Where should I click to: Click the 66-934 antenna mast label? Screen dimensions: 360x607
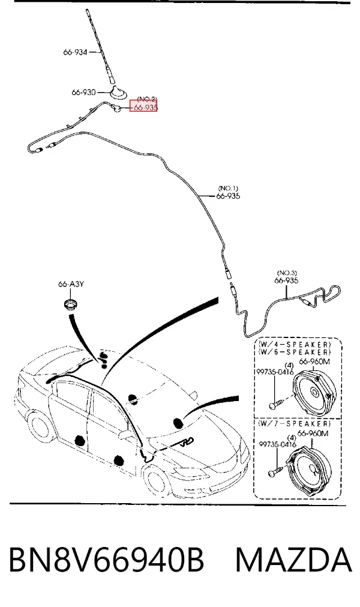[x=76, y=52]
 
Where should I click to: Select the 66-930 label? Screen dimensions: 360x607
[x=83, y=92]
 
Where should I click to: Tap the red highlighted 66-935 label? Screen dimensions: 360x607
[x=143, y=107]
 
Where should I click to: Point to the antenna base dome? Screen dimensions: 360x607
[x=117, y=92]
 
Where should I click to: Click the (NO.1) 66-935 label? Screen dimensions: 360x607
[x=228, y=193]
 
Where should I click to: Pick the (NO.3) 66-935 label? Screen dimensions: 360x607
[x=287, y=277]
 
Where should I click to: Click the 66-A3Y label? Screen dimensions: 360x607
[x=71, y=284]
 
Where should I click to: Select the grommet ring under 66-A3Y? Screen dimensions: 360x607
[x=71, y=304]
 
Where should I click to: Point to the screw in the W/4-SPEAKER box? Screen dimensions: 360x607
[x=276, y=403]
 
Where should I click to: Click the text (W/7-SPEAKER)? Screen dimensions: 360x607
[x=295, y=423]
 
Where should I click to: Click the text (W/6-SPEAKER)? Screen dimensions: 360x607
[x=295, y=352]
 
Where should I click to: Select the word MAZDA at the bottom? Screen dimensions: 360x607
[x=293, y=560]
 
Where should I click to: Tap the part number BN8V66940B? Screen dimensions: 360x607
[x=106, y=560]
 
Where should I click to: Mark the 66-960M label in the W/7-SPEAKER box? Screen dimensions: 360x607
[x=313, y=433]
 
